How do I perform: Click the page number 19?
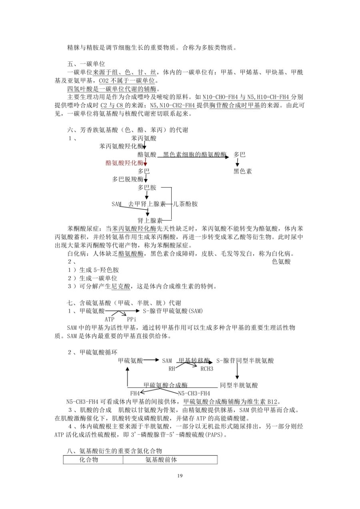(180, 475)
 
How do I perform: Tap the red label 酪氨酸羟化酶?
(124, 163)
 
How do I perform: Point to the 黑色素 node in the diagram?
(243, 171)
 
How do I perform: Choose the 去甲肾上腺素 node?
(147, 204)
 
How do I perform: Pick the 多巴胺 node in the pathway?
(147, 188)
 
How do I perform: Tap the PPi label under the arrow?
(132, 319)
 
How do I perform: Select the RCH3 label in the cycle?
(207, 369)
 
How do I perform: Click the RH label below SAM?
(172, 369)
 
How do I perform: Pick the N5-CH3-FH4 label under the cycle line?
(194, 393)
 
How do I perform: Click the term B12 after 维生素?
(274, 402)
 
